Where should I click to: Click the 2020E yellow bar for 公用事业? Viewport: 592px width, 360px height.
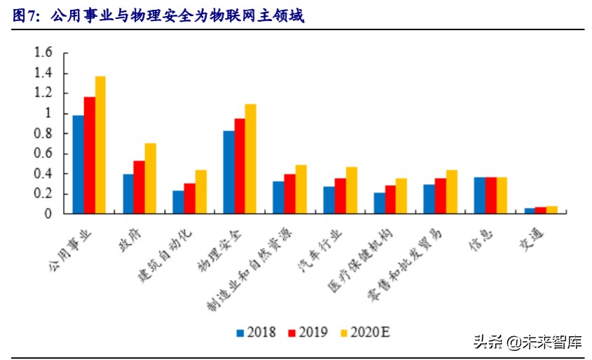pyautogui.click(x=100, y=145)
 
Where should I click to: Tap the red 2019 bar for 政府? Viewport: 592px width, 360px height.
pyautogui.click(x=139, y=187)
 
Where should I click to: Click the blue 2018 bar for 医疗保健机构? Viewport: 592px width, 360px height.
pyautogui.click(x=379, y=203)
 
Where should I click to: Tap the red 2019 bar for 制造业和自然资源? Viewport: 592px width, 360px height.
pyautogui.click(x=289, y=194)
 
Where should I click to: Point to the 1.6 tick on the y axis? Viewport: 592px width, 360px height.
pyautogui.click(x=43, y=53)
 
